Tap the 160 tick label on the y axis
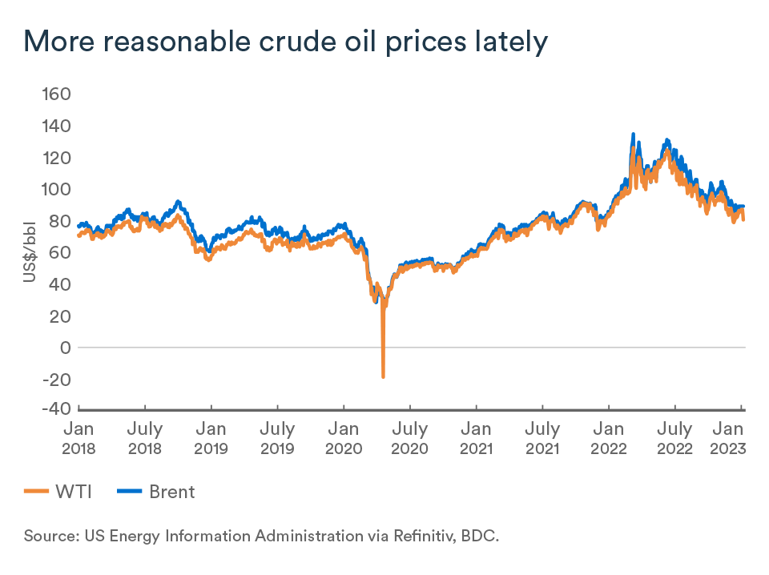57,94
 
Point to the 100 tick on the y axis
57,190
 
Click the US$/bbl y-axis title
30,251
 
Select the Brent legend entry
156,492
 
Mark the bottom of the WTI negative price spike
384,376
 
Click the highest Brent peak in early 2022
634,134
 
